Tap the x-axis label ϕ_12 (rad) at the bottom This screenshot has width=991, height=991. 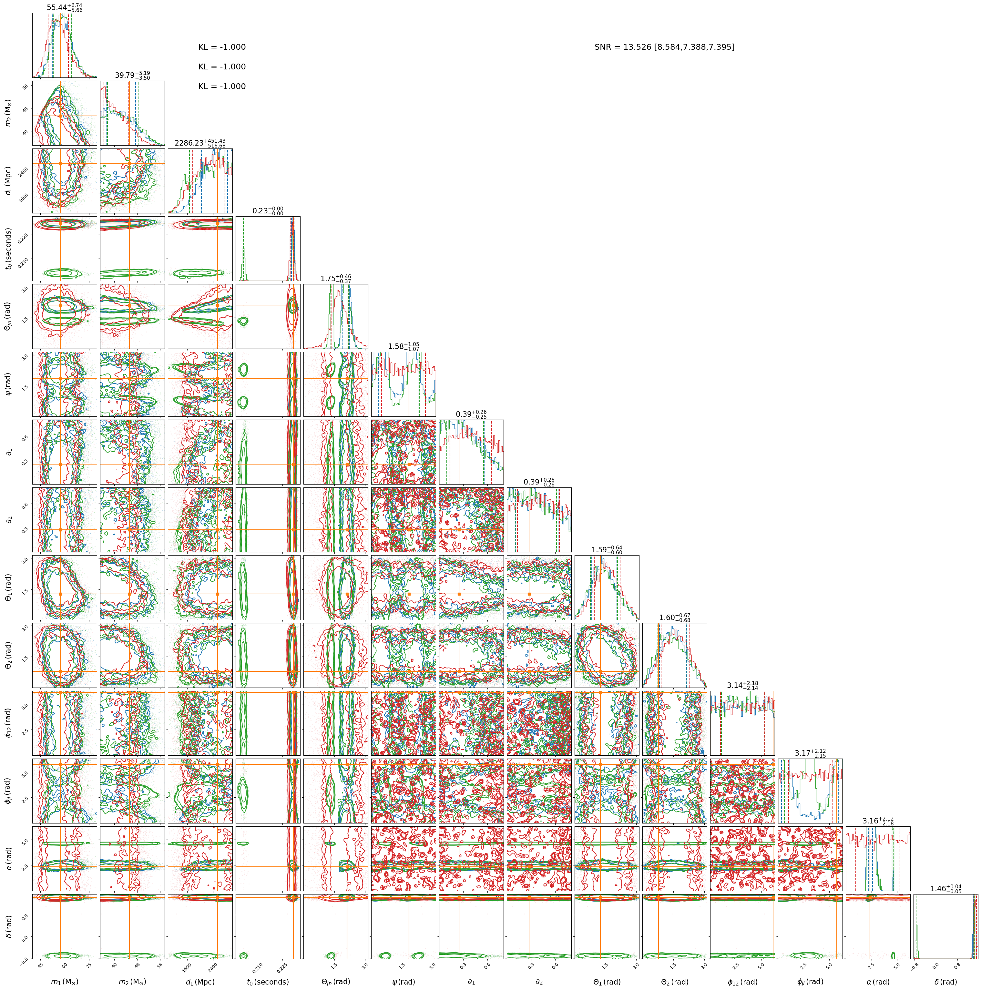(742, 982)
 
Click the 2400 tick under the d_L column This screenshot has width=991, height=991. (211, 966)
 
